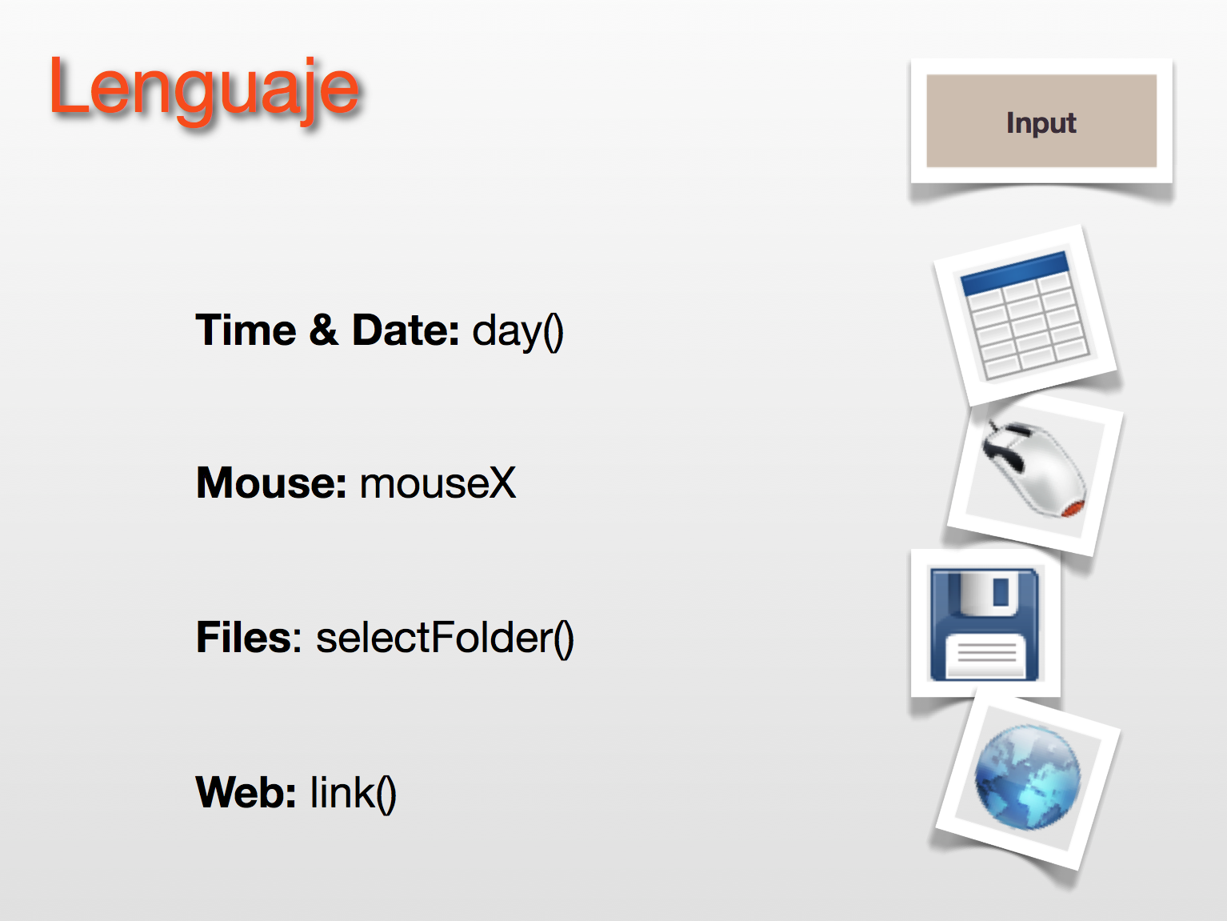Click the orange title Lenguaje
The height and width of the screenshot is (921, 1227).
[x=204, y=90]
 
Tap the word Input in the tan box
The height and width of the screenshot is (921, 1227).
[x=1041, y=123]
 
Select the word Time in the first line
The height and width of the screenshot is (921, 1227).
[x=246, y=330]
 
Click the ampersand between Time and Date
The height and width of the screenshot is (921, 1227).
[x=324, y=330]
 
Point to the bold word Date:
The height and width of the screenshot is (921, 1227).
[x=406, y=330]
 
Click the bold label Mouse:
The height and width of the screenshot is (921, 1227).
[x=271, y=483]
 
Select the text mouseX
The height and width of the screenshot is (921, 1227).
[x=438, y=483]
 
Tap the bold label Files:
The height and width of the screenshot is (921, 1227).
[x=249, y=638]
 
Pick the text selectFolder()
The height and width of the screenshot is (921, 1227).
[x=445, y=639]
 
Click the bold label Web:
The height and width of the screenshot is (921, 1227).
[x=246, y=792]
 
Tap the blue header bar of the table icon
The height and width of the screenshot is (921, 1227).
[x=1014, y=273]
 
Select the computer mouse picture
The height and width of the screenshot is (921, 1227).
[x=1033, y=470]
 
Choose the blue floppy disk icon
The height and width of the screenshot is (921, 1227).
[x=984, y=624]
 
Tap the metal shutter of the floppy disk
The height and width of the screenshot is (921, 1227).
[x=989, y=592]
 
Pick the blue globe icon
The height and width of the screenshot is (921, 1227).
[x=1028, y=777]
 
